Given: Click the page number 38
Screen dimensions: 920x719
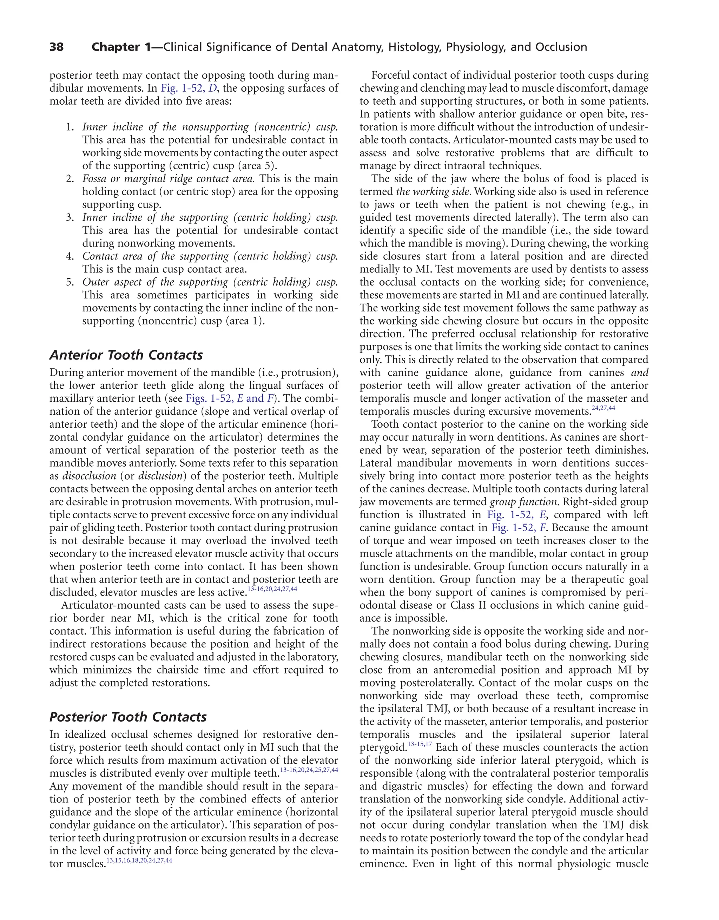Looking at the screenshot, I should click(57, 47).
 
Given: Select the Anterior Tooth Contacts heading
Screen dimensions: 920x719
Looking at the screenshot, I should click(126, 355).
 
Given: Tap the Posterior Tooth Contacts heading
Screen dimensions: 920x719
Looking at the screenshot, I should click(128, 717).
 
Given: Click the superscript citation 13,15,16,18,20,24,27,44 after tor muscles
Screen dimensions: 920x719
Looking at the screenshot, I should click(139, 861).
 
